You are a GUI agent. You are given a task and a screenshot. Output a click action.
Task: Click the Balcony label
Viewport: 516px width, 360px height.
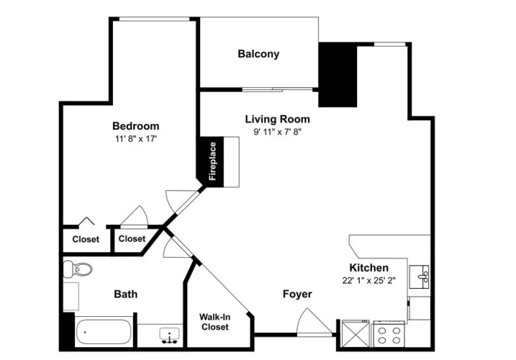coord(258,54)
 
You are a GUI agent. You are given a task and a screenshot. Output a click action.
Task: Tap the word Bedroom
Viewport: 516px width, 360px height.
coord(135,126)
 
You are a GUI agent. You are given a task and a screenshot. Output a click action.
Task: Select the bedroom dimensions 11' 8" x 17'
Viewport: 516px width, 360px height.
coord(135,139)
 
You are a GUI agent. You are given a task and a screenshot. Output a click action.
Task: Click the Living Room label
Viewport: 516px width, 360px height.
coord(277,119)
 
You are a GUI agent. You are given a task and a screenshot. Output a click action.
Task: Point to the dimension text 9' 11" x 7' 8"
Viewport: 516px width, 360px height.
coord(277,132)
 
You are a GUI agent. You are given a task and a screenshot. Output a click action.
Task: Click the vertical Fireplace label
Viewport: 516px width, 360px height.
coord(212,161)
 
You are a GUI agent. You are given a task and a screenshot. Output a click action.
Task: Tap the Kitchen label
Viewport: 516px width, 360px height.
coord(368,267)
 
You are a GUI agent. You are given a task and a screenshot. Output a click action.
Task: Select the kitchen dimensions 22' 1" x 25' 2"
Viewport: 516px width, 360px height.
coord(368,280)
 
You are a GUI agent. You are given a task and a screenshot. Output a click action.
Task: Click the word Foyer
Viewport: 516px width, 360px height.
coord(297,294)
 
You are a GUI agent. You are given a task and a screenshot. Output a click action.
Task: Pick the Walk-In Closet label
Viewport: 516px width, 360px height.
coord(215,322)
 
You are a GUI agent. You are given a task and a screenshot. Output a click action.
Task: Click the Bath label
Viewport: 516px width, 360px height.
coord(125,294)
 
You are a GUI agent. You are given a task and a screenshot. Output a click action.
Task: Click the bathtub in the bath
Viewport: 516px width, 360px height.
coord(104,333)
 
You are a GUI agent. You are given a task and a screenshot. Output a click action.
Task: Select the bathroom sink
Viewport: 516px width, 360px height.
coord(169,335)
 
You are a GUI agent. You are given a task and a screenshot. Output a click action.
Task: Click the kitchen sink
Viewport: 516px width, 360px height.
coord(419,277)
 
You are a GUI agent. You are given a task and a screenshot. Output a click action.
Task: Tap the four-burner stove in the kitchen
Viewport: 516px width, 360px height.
coord(389,334)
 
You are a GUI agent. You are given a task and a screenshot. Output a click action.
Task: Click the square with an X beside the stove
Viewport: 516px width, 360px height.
coord(356,333)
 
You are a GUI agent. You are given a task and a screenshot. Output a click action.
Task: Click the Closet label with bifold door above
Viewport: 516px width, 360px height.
coord(86,239)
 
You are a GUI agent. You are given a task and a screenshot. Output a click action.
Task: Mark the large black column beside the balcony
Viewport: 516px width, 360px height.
coord(338,75)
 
